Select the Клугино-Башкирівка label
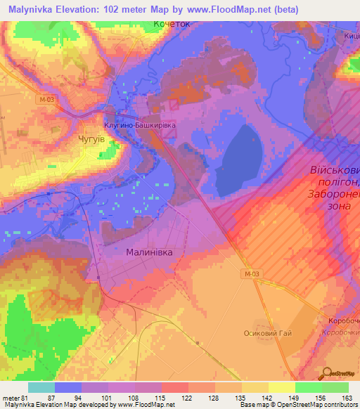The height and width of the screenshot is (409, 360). pos(139,122)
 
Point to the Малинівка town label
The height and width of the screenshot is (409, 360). pos(148,250)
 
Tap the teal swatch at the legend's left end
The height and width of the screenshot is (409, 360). pos(41,387)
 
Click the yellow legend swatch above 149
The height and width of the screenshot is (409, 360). pos(281,387)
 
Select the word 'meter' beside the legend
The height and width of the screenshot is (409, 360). pos(11,397)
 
